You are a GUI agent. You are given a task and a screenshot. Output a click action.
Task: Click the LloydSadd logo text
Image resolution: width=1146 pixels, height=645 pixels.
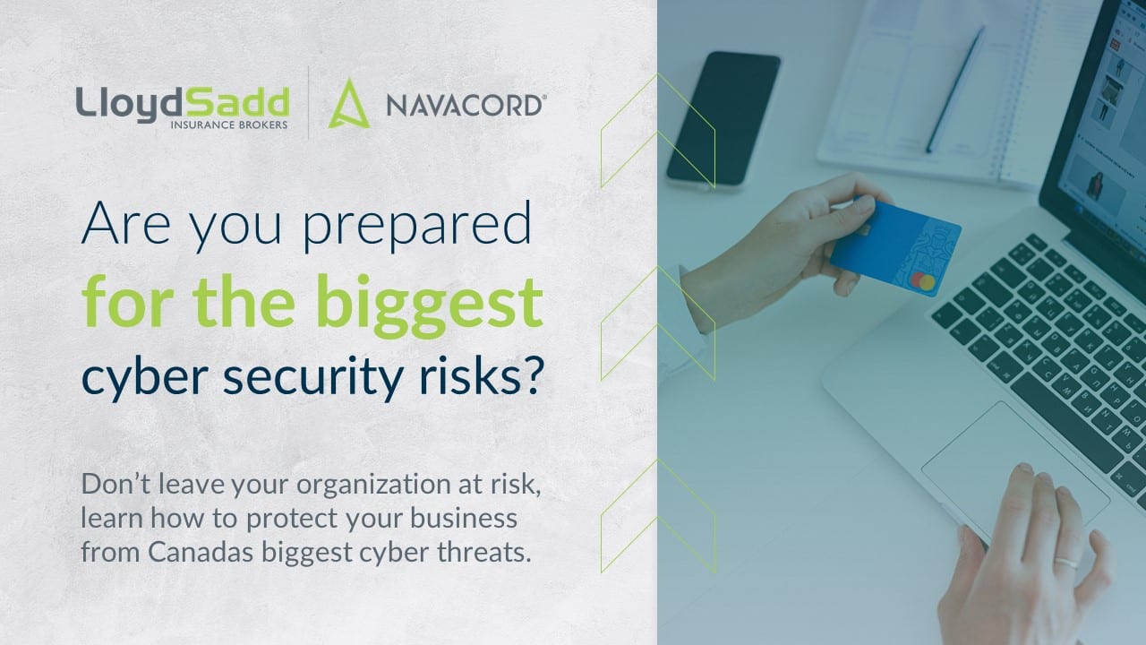[x=183, y=105]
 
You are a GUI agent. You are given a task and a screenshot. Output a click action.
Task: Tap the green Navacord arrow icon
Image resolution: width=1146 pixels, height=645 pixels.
[x=349, y=103]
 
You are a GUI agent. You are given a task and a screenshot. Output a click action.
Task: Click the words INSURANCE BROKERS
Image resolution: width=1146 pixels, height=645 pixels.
[x=228, y=125]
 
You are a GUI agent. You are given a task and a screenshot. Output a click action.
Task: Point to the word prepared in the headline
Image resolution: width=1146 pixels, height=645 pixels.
[x=417, y=225]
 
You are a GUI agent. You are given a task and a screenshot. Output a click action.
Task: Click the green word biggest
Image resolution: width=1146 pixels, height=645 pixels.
[x=429, y=306]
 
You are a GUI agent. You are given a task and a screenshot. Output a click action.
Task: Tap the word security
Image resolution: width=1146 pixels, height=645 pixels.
[x=313, y=378]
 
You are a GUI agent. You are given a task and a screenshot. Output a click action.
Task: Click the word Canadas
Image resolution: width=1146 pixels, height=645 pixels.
[x=201, y=553]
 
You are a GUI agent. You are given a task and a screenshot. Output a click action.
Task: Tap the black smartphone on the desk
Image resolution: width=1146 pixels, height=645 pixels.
[x=723, y=119]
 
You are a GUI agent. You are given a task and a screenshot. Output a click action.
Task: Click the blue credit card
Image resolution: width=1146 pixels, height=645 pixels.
[x=895, y=247]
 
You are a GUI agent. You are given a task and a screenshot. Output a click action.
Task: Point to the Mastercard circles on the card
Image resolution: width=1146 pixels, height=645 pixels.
[x=923, y=281]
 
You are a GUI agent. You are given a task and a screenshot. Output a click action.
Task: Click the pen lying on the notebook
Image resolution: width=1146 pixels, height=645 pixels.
[x=954, y=90]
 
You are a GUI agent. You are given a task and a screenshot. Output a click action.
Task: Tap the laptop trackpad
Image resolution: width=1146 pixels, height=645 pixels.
[x=1015, y=469]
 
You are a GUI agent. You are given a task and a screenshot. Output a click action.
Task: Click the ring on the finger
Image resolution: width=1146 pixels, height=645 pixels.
[x=1066, y=563]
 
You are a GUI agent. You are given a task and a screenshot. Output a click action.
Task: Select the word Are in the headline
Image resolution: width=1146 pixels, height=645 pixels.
[x=126, y=223]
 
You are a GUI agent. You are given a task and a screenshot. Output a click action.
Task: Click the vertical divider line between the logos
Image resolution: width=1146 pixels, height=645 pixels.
[x=309, y=102]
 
